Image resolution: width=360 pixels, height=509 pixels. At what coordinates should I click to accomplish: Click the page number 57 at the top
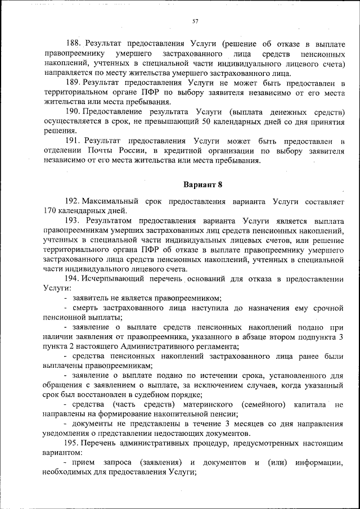click(x=195, y=21)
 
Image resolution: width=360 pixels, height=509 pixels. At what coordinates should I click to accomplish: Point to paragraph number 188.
click(x=74, y=43)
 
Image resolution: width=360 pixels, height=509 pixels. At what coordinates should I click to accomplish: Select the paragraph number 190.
click(x=74, y=111)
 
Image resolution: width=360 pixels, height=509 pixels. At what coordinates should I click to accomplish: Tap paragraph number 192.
click(x=74, y=201)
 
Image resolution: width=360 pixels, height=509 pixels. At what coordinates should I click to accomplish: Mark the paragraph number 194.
click(x=74, y=278)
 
